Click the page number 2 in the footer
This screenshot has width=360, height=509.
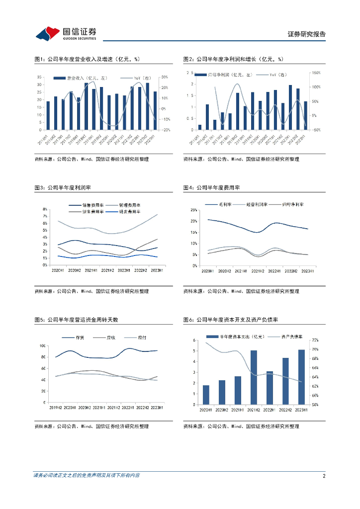click(324, 476)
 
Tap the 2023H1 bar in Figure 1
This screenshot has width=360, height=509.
click(155, 110)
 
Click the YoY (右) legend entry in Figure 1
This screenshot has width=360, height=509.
click(141, 78)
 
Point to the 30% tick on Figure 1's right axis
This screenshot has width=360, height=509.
click(164, 77)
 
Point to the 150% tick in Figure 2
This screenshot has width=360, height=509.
click(316, 73)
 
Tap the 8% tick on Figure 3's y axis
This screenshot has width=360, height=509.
click(45, 209)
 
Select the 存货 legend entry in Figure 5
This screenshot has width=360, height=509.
click(80, 338)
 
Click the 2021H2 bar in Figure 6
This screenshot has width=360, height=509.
click(254, 377)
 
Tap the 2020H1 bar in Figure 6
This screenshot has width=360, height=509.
click(206, 395)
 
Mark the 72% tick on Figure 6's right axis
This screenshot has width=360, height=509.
click(315, 340)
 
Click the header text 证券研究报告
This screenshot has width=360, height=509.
click(307, 34)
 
